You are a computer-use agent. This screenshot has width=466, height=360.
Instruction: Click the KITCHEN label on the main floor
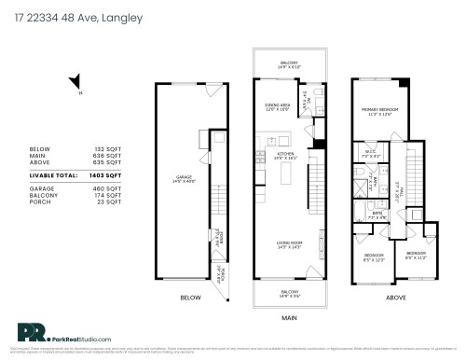click(x=285, y=154)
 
